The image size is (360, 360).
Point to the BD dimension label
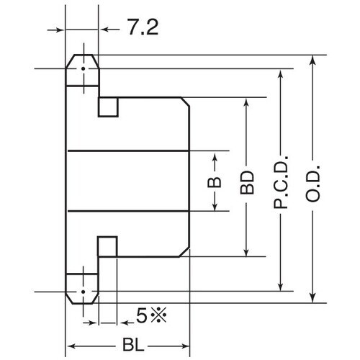tap(247, 181)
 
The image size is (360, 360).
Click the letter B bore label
tap(215, 181)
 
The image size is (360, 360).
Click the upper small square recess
tap(107, 107)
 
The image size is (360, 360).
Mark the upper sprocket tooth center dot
tap(83, 69)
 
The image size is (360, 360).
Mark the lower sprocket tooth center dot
tap(83, 292)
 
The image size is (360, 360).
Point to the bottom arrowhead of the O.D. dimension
tap(312, 300)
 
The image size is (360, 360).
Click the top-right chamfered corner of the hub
tap(186, 103)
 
